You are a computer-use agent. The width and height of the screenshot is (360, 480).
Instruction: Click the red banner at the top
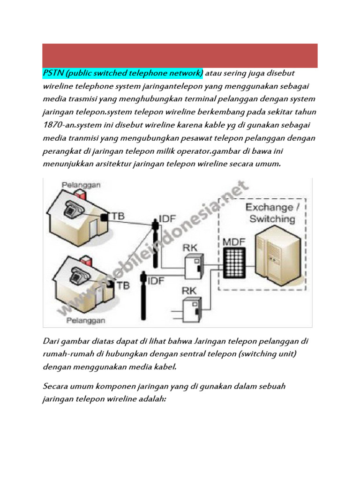click(x=180, y=56)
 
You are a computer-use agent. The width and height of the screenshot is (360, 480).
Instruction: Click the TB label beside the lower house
click(x=123, y=284)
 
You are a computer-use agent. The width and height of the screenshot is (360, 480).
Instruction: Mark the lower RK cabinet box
click(x=192, y=306)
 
